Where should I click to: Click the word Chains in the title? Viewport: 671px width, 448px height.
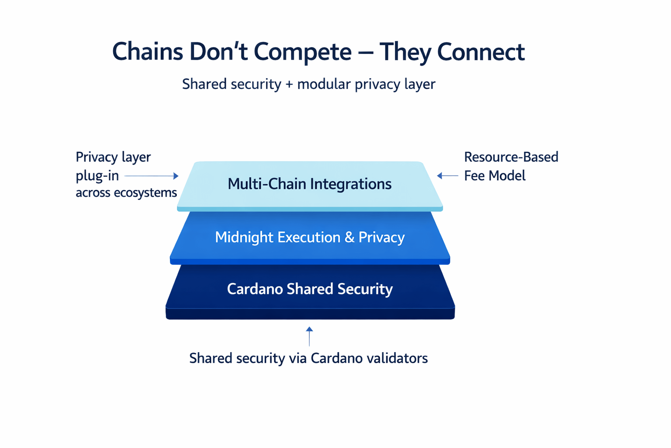[147, 52]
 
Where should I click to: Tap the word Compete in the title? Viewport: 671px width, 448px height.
[303, 52]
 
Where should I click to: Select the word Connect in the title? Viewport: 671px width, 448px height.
[481, 52]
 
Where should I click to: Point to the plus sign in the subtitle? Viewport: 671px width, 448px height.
[289, 84]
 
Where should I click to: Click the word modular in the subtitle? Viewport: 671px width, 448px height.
[324, 84]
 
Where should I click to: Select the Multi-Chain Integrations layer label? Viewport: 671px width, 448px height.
[309, 184]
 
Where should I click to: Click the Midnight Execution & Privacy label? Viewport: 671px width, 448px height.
[310, 238]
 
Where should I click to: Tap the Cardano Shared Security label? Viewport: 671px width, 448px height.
[310, 289]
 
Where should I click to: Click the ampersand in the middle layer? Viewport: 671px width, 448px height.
[349, 238]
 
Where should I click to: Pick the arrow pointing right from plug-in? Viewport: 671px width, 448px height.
[151, 176]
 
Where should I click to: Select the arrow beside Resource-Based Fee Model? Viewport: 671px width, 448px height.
[447, 175]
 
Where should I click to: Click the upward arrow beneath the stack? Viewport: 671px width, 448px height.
[309, 336]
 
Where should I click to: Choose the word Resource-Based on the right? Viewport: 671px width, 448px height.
[511, 157]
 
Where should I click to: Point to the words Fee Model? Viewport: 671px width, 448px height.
[495, 175]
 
